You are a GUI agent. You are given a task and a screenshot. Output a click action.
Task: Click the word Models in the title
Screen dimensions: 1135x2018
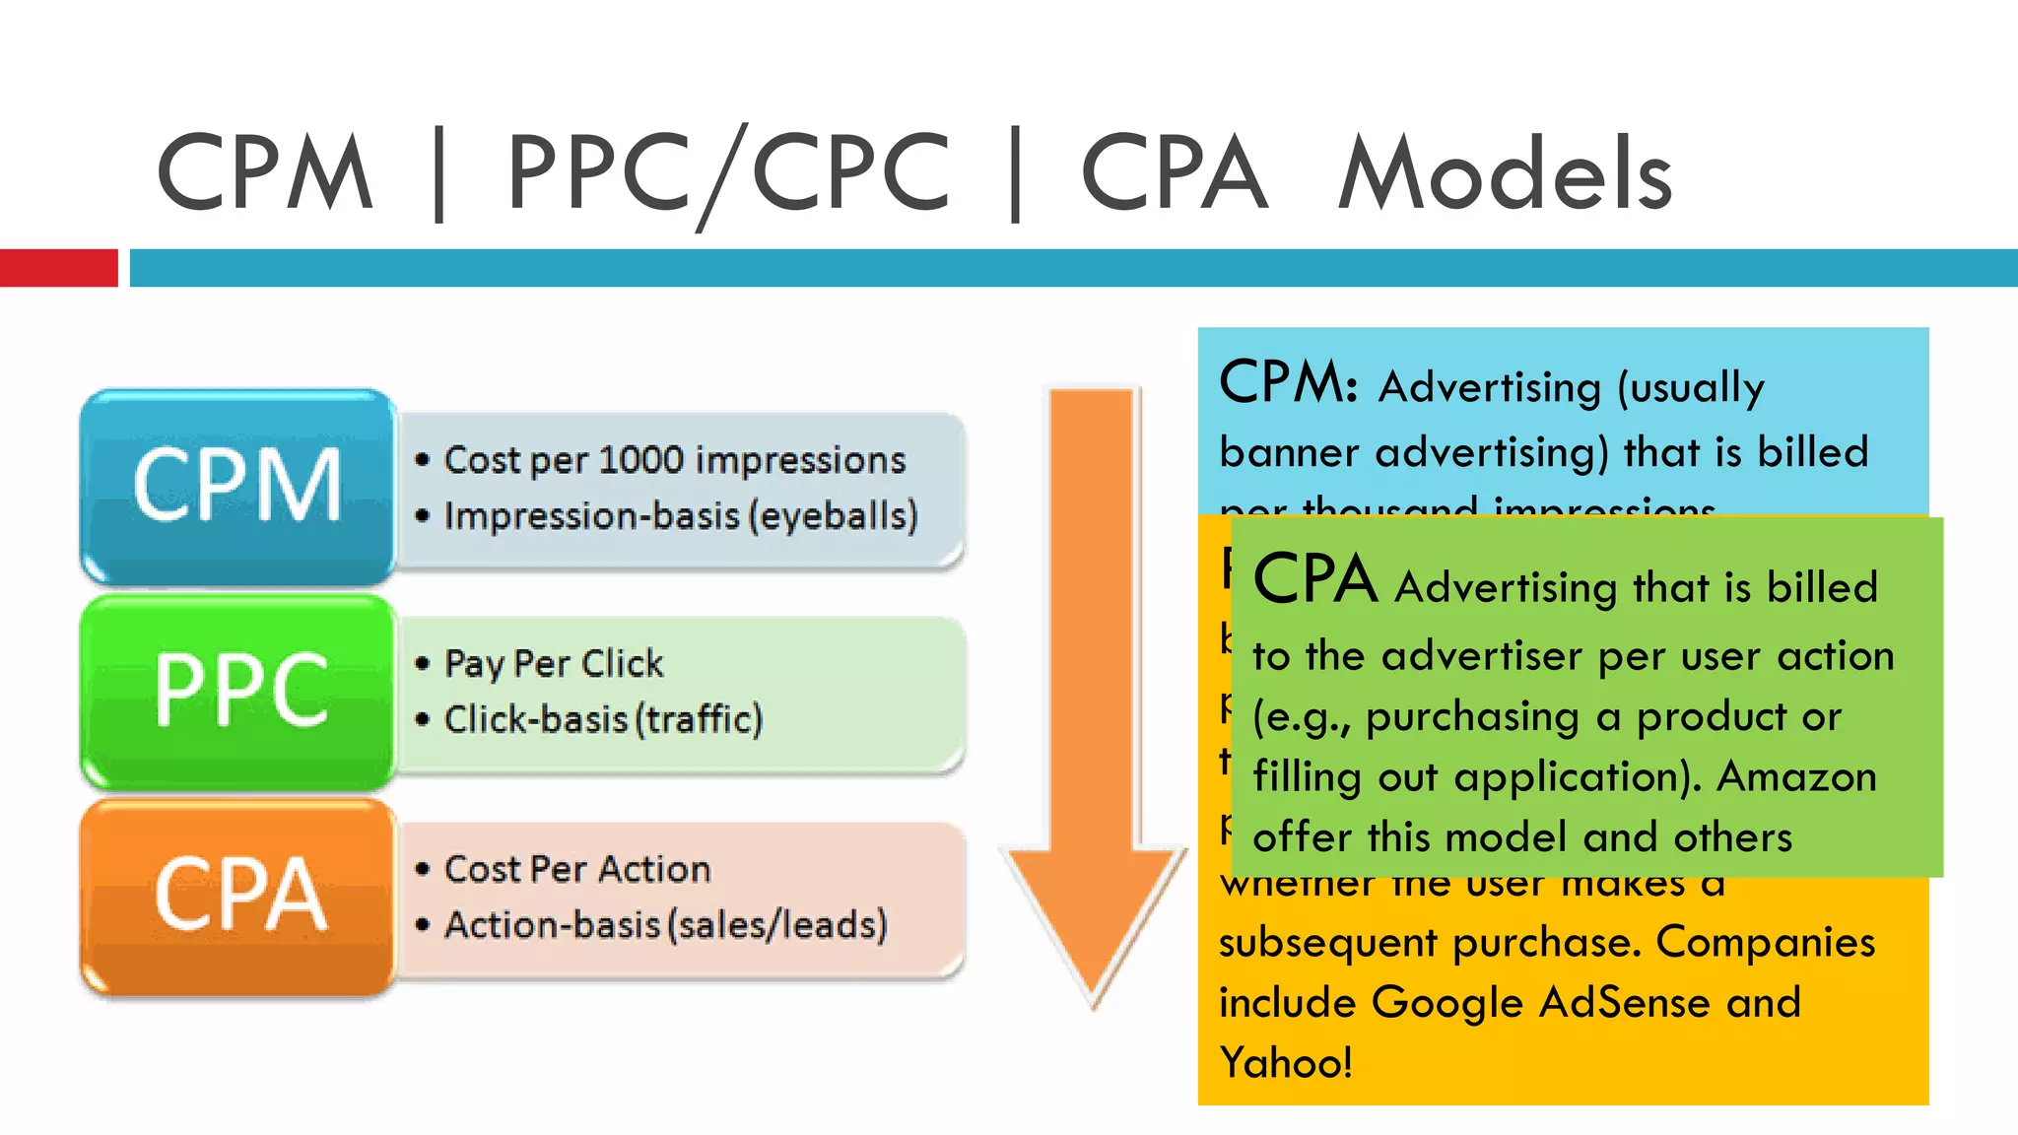1505,174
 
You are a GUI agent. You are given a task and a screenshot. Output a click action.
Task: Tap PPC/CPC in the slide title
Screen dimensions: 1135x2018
728,174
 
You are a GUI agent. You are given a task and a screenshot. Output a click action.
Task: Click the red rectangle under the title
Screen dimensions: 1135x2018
58,268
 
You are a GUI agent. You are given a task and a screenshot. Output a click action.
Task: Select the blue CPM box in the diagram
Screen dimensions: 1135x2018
237,485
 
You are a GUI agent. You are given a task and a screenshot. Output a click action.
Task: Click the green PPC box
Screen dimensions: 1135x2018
237,690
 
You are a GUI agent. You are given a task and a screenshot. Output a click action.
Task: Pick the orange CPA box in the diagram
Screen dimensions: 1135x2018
237,895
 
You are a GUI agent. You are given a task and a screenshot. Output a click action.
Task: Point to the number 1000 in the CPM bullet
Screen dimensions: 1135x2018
639,460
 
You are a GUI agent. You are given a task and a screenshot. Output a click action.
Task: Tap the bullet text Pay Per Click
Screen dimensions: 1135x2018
554,664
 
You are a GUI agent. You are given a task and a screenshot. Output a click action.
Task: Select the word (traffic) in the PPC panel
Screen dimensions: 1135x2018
700,720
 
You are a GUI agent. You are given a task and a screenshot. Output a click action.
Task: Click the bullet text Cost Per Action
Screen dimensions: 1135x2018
577,869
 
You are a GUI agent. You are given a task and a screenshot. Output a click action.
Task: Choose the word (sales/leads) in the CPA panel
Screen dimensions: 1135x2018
777,925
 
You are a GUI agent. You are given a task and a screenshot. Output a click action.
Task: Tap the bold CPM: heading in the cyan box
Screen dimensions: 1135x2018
1289,382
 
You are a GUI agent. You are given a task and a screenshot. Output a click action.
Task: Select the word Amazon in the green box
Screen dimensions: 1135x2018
1796,777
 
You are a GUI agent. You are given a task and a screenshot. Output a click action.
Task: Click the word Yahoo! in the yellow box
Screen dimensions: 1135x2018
1286,1063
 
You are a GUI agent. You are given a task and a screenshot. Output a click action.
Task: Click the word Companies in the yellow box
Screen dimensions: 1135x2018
1765,942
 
